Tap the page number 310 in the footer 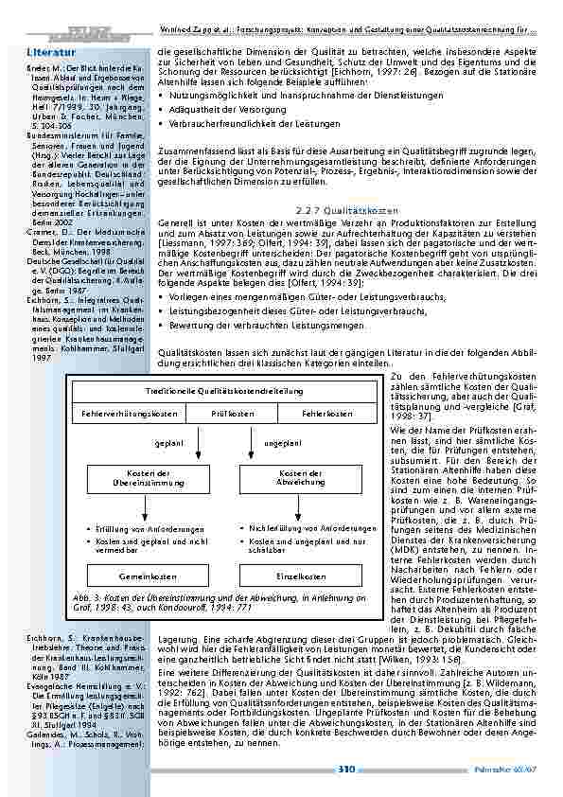(346, 769)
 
